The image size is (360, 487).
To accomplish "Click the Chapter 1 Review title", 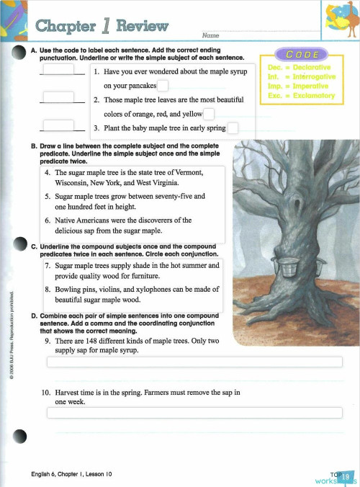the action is (101, 27).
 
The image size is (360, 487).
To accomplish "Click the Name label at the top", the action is (210, 35).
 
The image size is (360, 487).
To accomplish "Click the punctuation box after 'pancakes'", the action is (163, 86).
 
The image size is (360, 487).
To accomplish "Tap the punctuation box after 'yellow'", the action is (209, 114).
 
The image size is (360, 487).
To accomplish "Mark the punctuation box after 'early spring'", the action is (233, 129).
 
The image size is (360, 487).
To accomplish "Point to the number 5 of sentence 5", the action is (48, 196).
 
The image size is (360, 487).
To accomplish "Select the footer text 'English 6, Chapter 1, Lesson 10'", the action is (71, 473).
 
